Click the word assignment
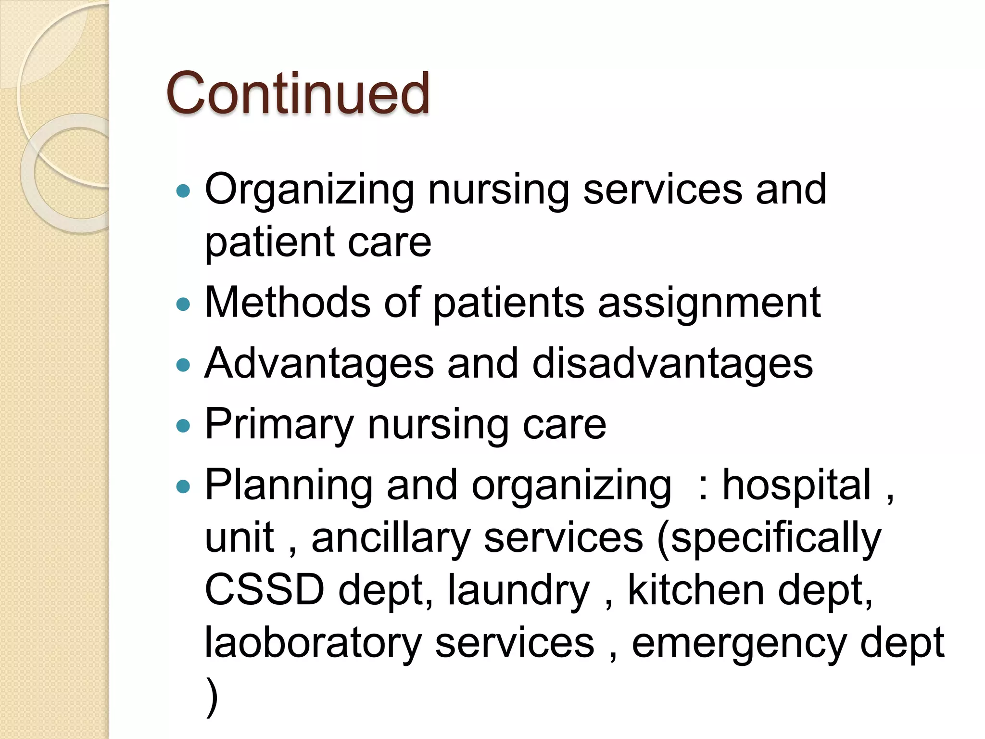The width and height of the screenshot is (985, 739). point(709,304)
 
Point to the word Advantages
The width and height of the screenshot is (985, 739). point(319,364)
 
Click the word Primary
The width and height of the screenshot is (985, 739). point(279,425)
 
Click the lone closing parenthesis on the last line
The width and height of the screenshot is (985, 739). point(212,697)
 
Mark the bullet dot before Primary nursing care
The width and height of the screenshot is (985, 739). point(183,425)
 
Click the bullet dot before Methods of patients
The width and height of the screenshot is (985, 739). point(183,304)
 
